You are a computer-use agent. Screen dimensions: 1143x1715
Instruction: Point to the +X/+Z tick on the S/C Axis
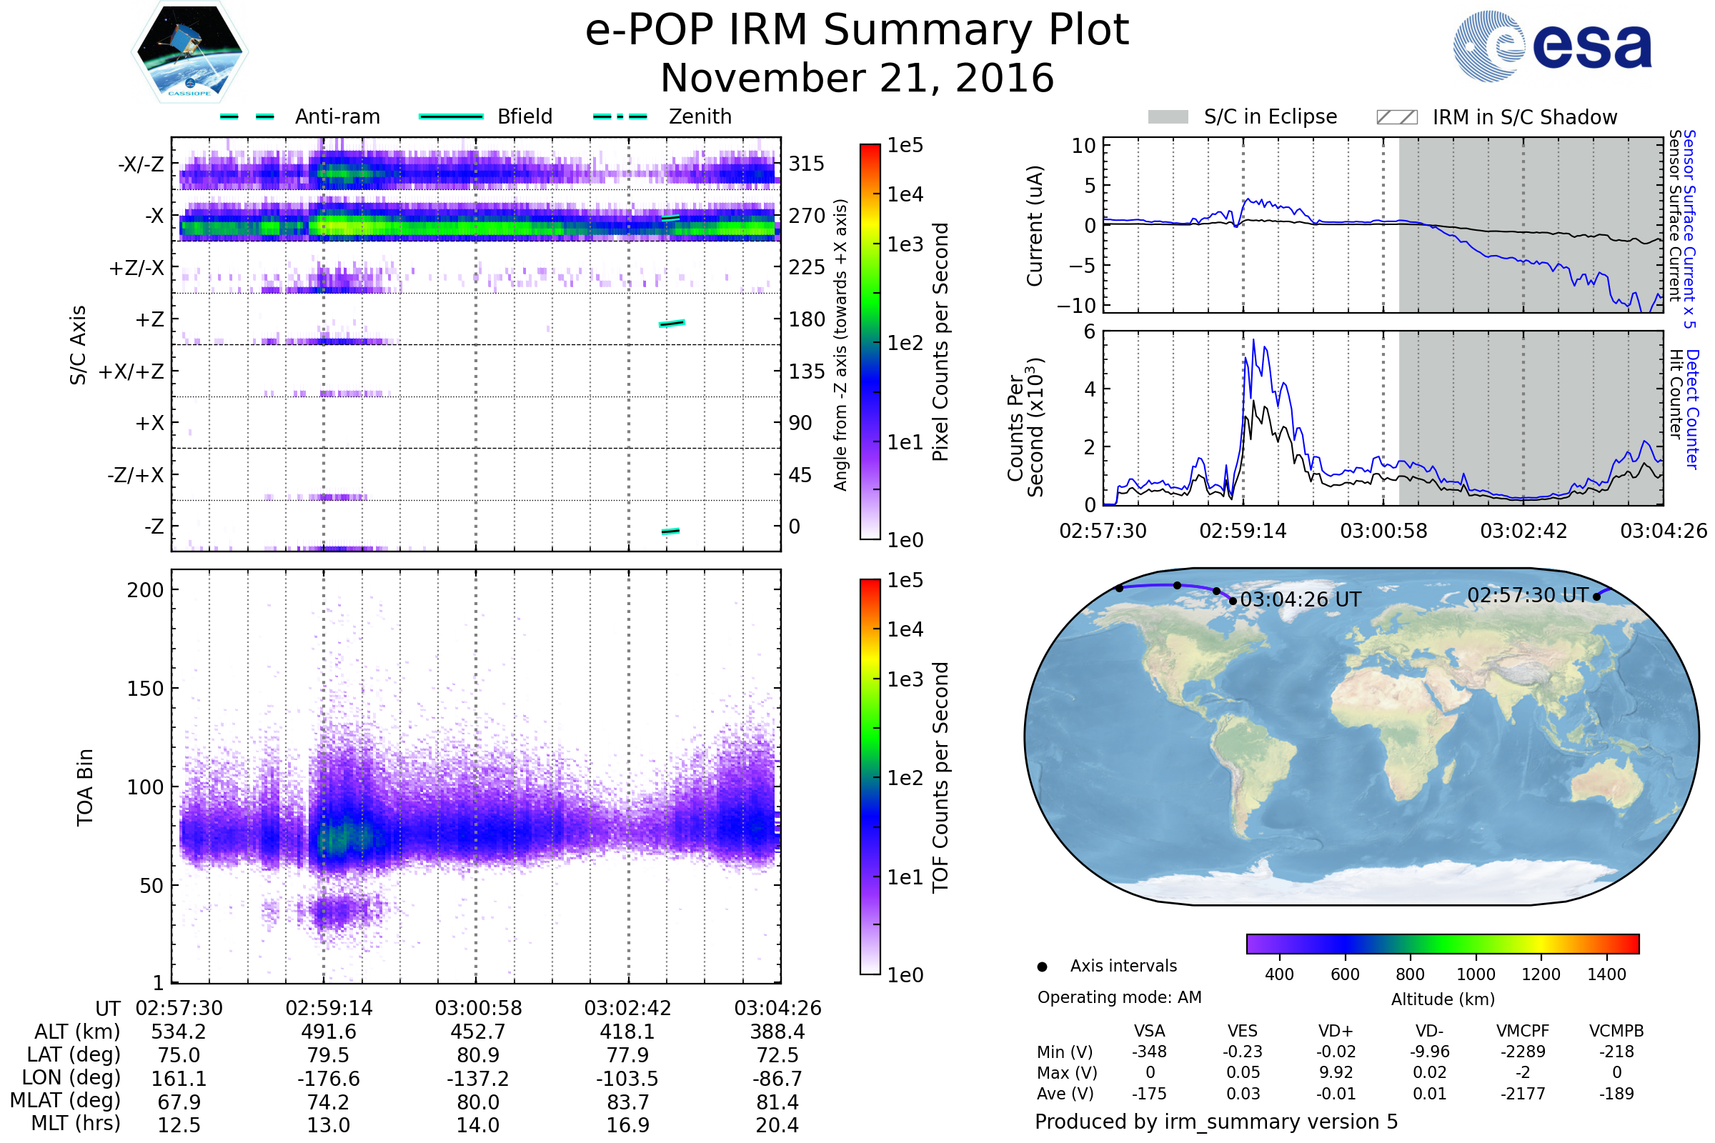(x=131, y=371)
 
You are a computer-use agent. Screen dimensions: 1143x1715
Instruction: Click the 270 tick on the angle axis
(x=807, y=216)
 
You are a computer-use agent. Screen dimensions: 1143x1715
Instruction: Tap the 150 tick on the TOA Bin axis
(x=145, y=689)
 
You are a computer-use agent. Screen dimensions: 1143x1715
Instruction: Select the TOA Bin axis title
(x=85, y=787)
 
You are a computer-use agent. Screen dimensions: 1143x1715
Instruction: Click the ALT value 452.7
(x=477, y=1032)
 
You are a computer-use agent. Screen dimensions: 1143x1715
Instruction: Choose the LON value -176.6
(x=328, y=1079)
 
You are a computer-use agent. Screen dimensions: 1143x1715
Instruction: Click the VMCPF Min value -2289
(x=1523, y=1052)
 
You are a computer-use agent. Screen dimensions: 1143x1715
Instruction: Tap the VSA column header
(x=1149, y=1032)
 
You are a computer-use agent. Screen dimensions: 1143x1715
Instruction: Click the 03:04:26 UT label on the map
(x=1300, y=600)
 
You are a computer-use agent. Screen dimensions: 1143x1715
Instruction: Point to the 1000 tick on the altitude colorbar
(x=1475, y=974)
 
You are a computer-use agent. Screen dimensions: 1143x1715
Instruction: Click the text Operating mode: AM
(x=1119, y=997)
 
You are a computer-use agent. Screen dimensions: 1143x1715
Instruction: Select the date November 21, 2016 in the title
(x=857, y=79)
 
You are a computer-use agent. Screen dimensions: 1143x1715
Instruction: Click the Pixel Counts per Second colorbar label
(x=940, y=342)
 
